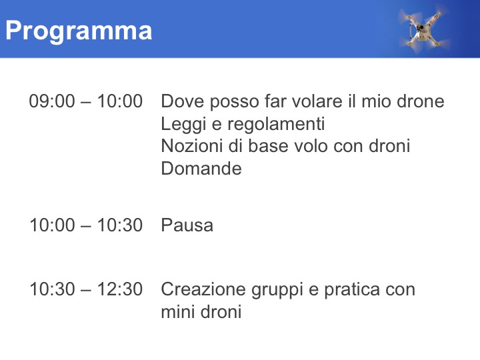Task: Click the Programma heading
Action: pyautogui.click(x=79, y=31)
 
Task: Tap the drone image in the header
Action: pyautogui.click(x=424, y=29)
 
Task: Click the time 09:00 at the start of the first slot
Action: pyautogui.click(x=52, y=101)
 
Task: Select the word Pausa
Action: pyautogui.click(x=187, y=225)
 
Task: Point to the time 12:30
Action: pyautogui.click(x=120, y=289)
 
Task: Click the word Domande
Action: pyautogui.click(x=201, y=169)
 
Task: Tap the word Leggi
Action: pyautogui.click(x=183, y=125)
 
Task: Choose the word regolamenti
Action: pyautogui.click(x=276, y=125)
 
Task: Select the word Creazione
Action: pyautogui.click(x=203, y=289)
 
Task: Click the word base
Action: pyautogui.click(x=268, y=146)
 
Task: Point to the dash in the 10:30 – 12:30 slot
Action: pyautogui.click(x=86, y=290)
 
